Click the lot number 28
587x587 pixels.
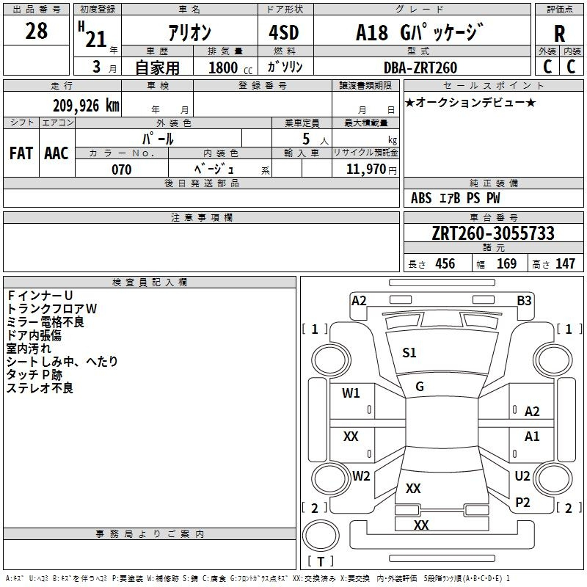36,31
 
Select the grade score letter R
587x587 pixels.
559,34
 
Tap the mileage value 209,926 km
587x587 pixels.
86,106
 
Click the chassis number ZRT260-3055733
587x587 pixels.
493,233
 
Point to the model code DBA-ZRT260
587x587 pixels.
420,68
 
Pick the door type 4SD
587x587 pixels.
284,32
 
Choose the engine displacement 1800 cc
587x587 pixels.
230,68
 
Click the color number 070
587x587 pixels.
122,169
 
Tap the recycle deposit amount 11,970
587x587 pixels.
365,169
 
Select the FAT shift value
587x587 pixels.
21,153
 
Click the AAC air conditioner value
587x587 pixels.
56,153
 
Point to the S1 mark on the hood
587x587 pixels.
409,353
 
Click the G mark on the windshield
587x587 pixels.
420,387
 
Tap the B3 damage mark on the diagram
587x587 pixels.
524,301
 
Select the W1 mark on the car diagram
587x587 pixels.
351,393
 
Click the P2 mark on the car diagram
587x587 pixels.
522,503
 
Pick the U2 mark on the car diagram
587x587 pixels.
522,475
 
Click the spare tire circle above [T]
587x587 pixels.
321,536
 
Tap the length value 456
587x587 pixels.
445,263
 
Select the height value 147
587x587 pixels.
565,263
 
